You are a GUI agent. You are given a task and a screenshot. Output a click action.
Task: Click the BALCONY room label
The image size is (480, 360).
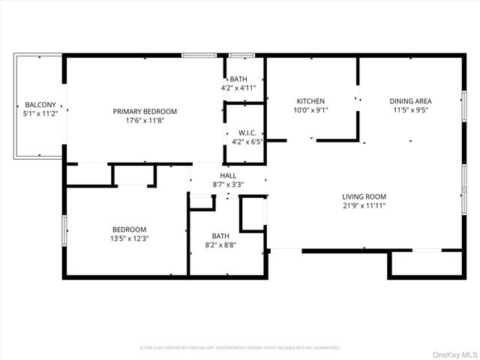coord(38,104)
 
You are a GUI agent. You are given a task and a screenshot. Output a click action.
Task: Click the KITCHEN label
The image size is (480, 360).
coord(310,100)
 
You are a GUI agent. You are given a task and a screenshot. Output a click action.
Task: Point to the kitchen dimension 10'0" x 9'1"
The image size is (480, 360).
coord(310,109)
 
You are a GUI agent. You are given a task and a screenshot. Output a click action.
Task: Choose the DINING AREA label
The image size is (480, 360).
coord(410,100)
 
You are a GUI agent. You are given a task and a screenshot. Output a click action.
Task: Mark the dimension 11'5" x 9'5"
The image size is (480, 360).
coord(410,109)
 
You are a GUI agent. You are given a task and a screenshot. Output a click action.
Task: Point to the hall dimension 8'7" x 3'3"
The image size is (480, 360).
coord(228,183)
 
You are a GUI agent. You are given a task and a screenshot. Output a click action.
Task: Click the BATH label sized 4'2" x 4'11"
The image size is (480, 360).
coord(238,79)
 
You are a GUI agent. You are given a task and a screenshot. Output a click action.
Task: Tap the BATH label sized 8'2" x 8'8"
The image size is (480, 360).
coord(220,235)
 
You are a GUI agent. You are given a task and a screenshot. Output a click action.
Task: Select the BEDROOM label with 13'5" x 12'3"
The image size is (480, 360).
coord(129,229)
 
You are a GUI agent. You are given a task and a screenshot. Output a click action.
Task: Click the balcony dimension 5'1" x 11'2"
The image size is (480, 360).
coord(38,114)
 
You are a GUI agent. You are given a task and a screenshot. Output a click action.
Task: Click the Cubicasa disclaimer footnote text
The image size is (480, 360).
coord(240,348)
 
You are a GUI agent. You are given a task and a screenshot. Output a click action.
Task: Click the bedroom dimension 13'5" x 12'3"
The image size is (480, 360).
coord(129,238)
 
